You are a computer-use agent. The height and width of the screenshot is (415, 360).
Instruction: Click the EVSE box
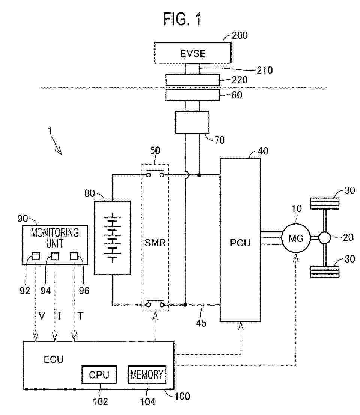(193, 53)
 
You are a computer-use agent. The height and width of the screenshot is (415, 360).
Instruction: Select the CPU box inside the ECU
(99, 374)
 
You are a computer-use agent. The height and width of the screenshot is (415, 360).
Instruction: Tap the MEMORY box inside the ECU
(147, 374)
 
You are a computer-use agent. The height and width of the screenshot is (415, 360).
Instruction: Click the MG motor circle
(296, 238)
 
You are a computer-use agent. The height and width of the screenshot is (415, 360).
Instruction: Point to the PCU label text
(240, 243)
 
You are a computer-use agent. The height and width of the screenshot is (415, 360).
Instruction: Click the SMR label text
(155, 243)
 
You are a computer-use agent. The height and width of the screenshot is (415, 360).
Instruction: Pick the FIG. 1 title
(182, 19)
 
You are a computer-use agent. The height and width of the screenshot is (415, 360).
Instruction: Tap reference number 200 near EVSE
(239, 35)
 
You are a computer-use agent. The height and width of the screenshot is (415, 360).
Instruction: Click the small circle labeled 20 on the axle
(325, 238)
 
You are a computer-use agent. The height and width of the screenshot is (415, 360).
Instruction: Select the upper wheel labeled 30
(325, 203)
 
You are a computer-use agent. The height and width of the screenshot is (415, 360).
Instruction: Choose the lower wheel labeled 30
(325, 272)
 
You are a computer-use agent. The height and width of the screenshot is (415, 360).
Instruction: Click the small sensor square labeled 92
(36, 256)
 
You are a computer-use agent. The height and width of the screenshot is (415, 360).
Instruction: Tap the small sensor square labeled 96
(74, 256)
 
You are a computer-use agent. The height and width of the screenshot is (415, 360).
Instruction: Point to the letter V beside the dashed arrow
(42, 316)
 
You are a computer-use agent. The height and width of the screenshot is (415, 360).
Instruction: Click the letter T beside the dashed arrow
(80, 316)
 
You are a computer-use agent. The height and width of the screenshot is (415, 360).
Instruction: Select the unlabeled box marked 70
(192, 122)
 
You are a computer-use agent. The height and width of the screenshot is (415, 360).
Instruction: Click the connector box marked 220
(193, 80)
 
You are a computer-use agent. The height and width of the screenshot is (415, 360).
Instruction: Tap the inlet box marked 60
(193, 95)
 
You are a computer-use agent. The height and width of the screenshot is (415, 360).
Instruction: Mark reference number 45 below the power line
(201, 323)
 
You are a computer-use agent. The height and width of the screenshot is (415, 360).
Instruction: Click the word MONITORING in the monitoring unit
(55, 232)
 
